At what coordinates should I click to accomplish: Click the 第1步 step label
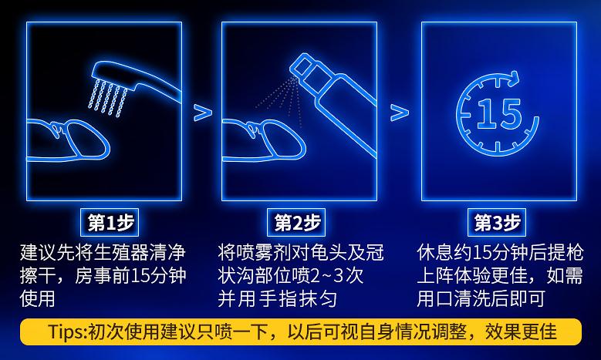tap(110, 223)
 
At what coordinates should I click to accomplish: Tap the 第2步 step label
tap(296, 223)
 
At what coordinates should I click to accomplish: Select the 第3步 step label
tap(497, 223)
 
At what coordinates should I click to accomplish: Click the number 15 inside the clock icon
tap(499, 114)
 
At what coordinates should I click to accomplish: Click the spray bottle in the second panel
tap(333, 104)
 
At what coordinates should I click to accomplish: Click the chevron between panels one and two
tap(203, 113)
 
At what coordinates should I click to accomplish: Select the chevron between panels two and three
tap(400, 113)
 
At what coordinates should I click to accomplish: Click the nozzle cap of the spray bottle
tap(303, 65)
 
